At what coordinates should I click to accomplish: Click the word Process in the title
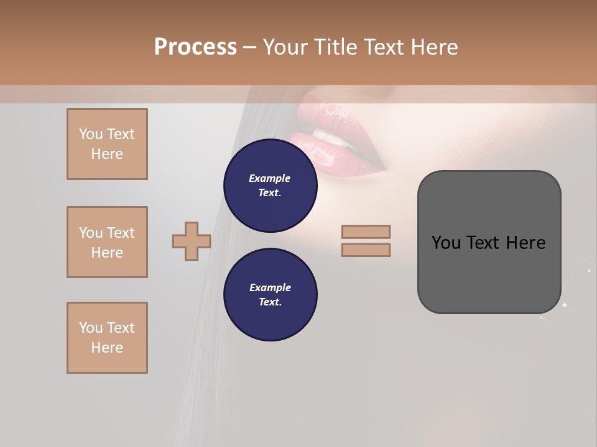[195, 47]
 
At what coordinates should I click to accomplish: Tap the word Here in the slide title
[433, 47]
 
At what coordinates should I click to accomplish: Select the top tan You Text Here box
[107, 144]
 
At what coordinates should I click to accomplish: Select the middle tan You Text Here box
[107, 242]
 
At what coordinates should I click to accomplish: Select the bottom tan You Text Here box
[107, 338]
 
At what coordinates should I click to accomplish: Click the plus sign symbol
[192, 241]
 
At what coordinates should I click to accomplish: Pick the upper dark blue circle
[271, 186]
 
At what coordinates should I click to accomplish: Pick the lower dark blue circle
[271, 295]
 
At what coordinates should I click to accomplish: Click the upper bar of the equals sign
[366, 232]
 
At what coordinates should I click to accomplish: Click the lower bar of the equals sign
[366, 250]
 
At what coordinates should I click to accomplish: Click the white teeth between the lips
[321, 133]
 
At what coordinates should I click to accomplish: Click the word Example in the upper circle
[270, 178]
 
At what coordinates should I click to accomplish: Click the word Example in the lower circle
[270, 287]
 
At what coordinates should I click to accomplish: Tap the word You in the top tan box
[91, 134]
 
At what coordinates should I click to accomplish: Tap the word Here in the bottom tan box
[107, 348]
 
